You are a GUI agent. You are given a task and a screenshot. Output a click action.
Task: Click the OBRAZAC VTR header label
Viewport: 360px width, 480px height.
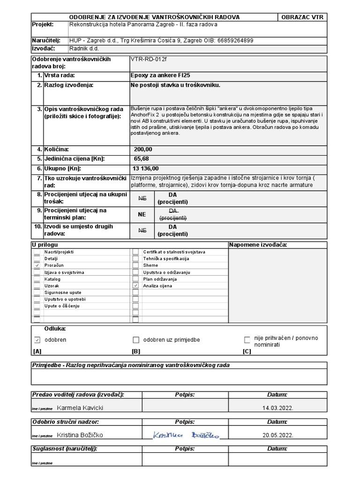(302, 17)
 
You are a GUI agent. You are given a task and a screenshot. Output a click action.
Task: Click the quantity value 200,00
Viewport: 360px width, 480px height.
(143, 149)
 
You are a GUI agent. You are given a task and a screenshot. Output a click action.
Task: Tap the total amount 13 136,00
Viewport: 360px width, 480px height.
(146, 168)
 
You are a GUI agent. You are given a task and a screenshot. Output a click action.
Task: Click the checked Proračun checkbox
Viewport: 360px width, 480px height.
(37, 265)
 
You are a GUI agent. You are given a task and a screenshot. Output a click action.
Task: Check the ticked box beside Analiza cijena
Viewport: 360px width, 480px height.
(135, 285)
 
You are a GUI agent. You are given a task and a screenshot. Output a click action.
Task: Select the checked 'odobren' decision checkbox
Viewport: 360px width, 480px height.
(37, 340)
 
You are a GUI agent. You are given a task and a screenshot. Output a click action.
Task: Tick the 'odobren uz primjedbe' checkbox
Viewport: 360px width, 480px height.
(136, 340)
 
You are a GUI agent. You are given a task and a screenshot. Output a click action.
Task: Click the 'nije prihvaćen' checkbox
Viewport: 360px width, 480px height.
(247, 340)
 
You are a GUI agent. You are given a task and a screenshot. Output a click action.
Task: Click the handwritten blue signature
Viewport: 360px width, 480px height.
(186, 435)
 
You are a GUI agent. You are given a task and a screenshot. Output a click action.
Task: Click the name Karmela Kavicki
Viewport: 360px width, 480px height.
(80, 408)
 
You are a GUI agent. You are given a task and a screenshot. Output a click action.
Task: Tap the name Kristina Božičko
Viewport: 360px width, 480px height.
(80, 435)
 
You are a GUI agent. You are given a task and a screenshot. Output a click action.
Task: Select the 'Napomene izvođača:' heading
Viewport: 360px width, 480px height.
(258, 245)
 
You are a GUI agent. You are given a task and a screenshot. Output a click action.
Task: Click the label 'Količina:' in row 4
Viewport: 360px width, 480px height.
(56, 149)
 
